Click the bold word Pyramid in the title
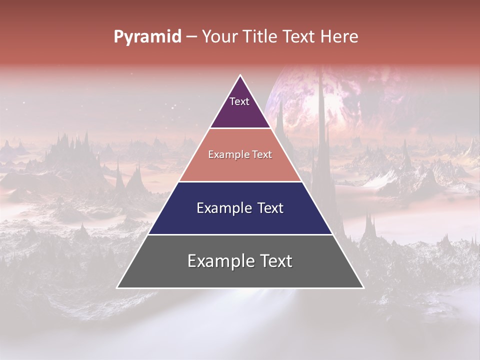[x=147, y=37]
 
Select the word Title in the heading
[x=261, y=37]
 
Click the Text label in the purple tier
[x=239, y=101]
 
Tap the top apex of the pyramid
[x=240, y=75]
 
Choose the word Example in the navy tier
[x=222, y=208]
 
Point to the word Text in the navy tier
[x=270, y=208]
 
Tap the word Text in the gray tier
[x=276, y=261]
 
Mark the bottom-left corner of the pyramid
[x=117, y=287]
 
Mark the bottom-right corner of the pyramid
[x=363, y=287]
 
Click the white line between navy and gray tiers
[x=240, y=234]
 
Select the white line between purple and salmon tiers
[x=240, y=128]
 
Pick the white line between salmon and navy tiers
[x=240, y=181]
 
